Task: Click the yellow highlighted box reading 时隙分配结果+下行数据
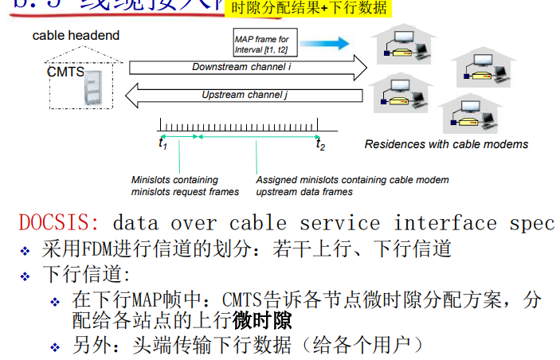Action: coord(309,9)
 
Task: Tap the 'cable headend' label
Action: coord(76,35)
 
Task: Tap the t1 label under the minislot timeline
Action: coord(163,144)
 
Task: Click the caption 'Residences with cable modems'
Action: coord(446,144)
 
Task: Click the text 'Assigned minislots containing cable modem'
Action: coord(352,180)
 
